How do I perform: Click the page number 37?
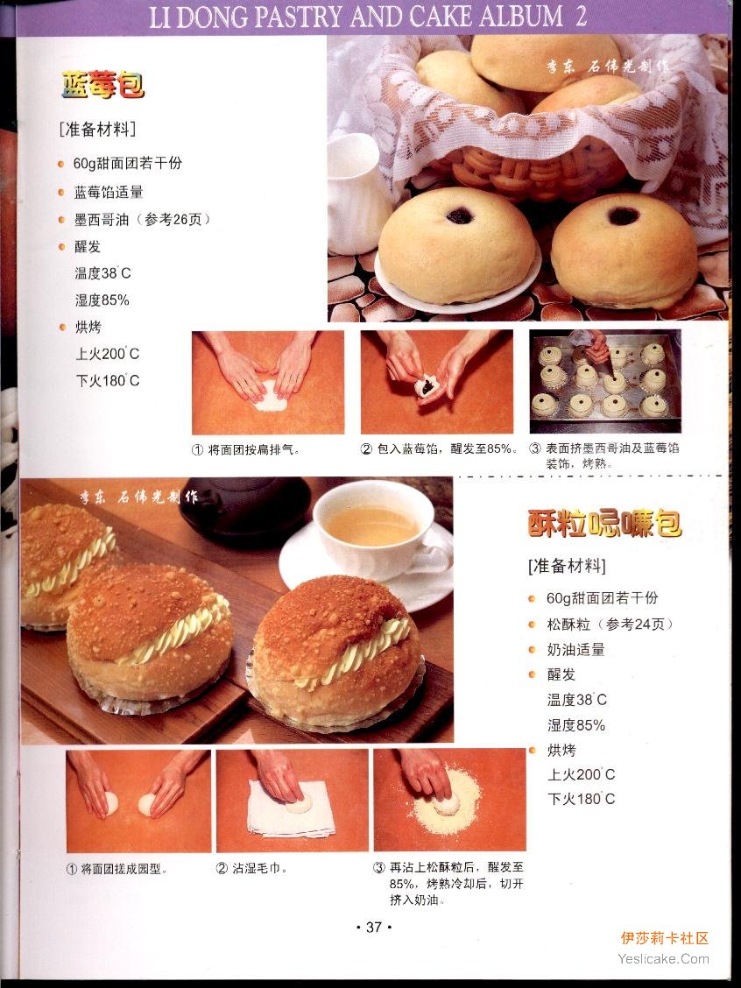tap(374, 927)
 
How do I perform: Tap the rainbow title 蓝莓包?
tap(102, 84)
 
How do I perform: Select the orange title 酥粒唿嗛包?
tap(604, 523)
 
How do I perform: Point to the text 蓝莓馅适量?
tap(109, 192)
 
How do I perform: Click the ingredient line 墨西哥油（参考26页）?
tap(142, 219)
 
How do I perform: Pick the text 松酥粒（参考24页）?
tap(610, 624)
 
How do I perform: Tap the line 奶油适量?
tap(575, 649)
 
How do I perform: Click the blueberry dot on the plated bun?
tap(460, 216)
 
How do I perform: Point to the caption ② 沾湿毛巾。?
tap(251, 868)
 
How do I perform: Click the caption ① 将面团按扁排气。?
tap(245, 450)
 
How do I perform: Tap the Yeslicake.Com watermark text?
tap(664, 959)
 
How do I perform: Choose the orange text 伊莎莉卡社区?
tap(664, 938)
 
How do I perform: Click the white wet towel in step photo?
tap(291, 809)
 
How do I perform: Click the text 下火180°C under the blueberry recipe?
tap(107, 381)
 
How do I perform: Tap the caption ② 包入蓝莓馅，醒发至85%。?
tap(439, 449)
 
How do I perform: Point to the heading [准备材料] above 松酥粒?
tap(567, 566)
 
